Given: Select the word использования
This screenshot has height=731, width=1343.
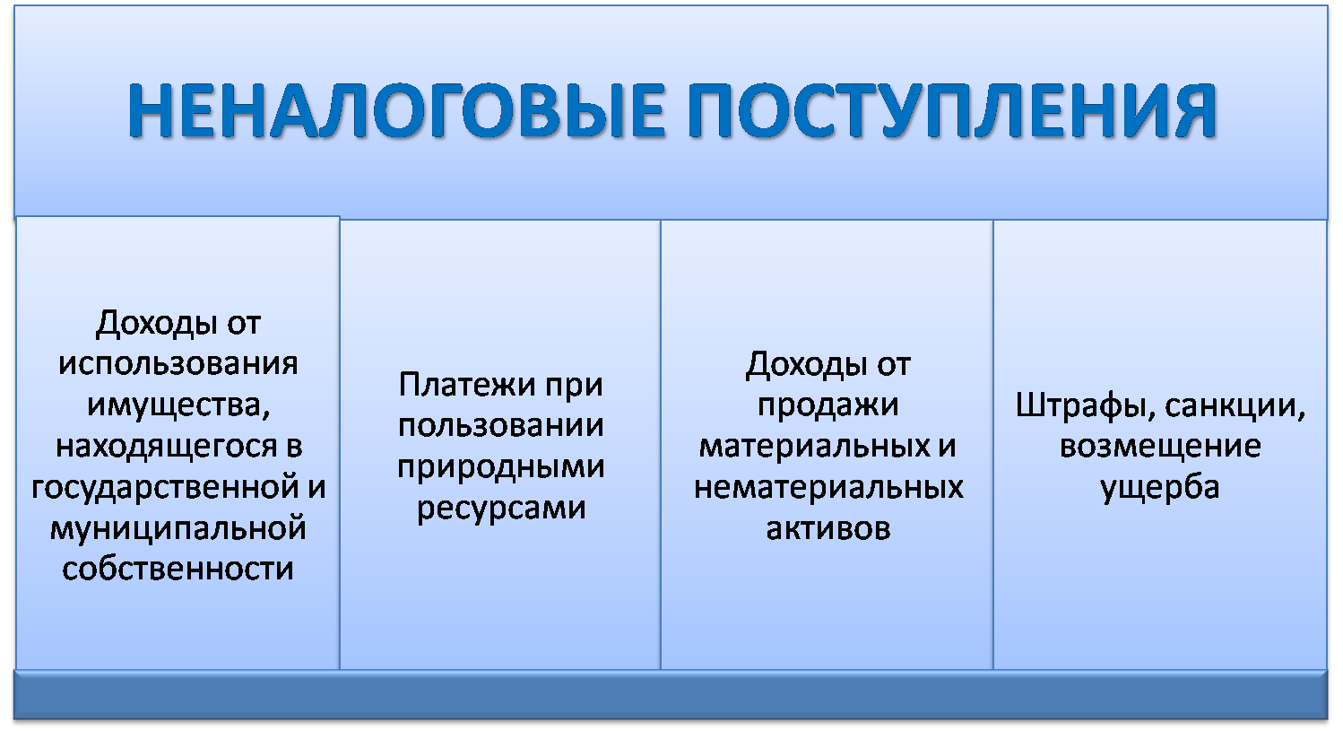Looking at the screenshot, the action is [178, 363].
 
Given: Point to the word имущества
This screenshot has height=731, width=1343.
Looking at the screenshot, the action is [176, 405].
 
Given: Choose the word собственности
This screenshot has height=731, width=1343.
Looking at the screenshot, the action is [178, 569].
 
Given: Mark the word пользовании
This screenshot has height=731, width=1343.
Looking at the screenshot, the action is [500, 426].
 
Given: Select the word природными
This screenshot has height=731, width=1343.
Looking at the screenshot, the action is [500, 467].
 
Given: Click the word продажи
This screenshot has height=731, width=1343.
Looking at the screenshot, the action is [828, 405].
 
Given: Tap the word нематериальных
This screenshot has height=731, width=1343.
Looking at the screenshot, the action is [828, 488].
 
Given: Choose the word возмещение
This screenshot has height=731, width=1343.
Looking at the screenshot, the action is [1160, 447].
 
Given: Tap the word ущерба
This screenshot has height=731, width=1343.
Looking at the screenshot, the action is [1160, 488].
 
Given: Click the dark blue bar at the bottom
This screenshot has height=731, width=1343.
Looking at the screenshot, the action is [671, 694].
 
